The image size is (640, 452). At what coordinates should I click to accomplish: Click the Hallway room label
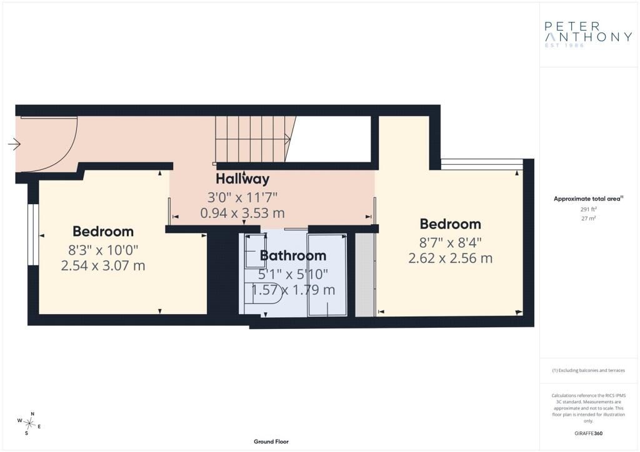[242, 179]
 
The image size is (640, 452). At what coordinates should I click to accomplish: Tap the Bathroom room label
[293, 255]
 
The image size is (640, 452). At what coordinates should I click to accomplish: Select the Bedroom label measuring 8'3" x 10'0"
[103, 232]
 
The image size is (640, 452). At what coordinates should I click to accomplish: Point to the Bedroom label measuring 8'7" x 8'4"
[450, 224]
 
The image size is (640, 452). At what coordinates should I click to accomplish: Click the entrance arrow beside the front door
[14, 144]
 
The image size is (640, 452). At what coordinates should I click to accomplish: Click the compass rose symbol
[30, 423]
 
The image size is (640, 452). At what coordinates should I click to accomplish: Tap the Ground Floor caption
[271, 441]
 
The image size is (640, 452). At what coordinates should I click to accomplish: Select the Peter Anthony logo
[588, 34]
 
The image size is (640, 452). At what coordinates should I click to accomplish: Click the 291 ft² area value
[589, 210]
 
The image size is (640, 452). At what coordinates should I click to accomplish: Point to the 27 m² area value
[589, 219]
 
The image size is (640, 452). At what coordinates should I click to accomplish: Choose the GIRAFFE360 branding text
[588, 433]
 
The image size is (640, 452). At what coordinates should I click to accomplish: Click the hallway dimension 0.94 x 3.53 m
[242, 213]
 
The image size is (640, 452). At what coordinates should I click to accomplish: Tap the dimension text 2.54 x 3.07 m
[103, 266]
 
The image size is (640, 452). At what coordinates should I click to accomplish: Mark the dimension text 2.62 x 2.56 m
[450, 258]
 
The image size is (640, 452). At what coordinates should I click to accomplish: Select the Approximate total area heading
[588, 199]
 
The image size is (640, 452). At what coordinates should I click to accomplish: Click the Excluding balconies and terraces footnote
[588, 370]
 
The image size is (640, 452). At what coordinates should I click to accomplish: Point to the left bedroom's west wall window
[33, 234]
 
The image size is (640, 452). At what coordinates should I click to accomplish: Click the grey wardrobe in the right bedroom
[365, 275]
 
